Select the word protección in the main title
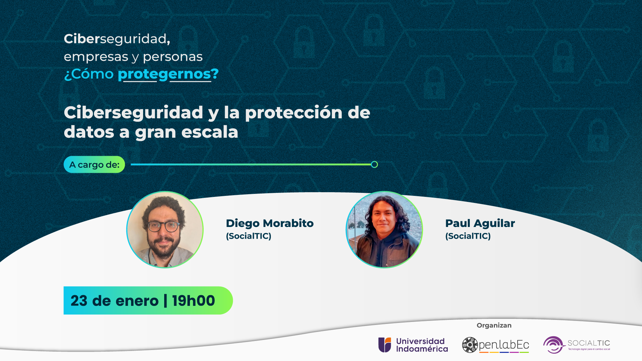point(294,113)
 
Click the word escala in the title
point(210,132)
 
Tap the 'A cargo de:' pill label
point(94,164)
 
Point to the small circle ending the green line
point(374,164)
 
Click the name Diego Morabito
point(270,223)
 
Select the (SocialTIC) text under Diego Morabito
point(249,236)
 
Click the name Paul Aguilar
point(480,223)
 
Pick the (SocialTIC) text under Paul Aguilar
point(468,236)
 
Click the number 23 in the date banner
point(79,301)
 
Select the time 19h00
point(194,301)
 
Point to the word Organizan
point(494,326)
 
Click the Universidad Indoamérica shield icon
point(385,345)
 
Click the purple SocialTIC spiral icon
point(554,345)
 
